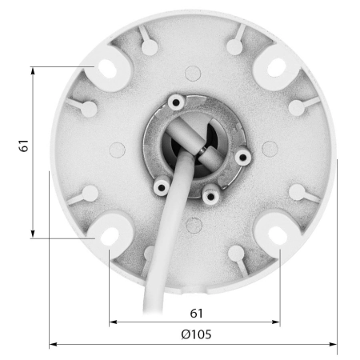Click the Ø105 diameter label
coord(196,334)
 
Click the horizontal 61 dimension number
coord(197,314)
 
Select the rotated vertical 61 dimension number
coord(24,146)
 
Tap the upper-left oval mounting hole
coord(107,68)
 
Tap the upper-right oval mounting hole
coord(277,67)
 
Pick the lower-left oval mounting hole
coord(110,237)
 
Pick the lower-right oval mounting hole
coord(278,236)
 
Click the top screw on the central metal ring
coord(176,102)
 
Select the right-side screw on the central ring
coord(242,157)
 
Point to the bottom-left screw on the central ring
coord(162,187)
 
